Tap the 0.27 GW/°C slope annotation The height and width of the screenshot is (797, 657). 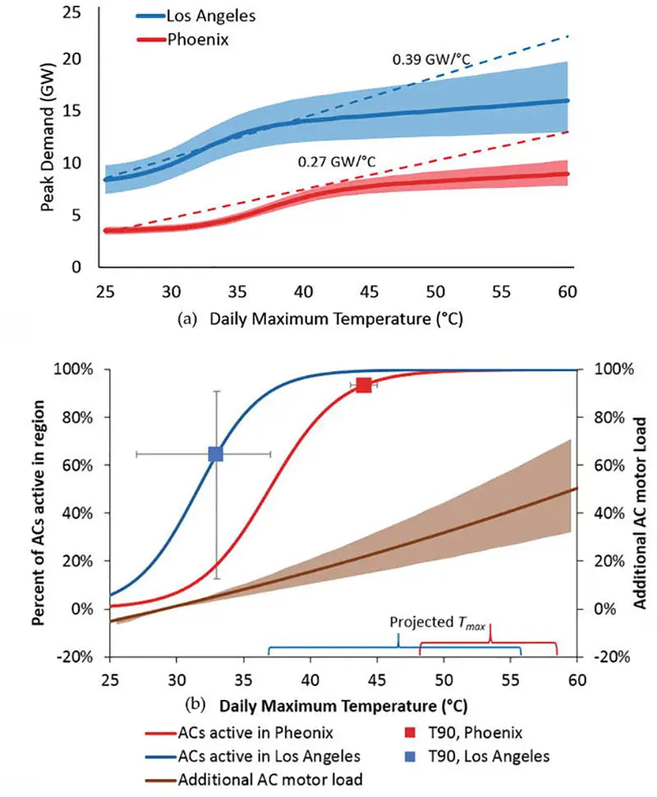tap(336, 161)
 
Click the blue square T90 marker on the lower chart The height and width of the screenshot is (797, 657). tap(216, 454)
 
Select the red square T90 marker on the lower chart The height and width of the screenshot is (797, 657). tap(364, 385)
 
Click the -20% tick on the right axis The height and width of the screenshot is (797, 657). tap(613, 656)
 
